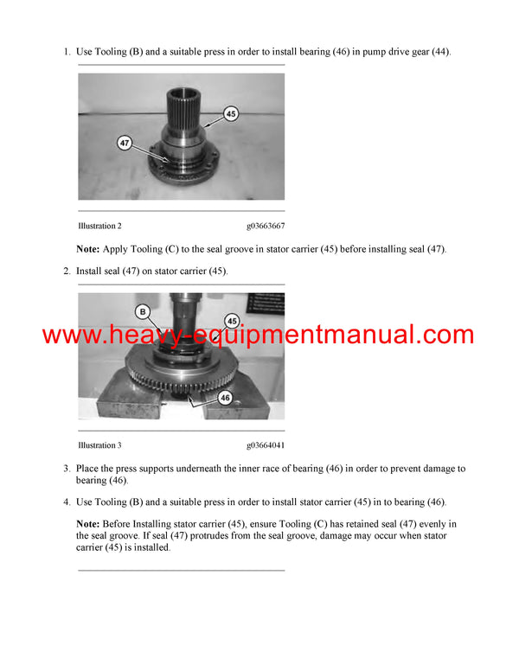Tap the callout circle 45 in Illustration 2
pos(230,113)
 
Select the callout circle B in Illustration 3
pos(142,310)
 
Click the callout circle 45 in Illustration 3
pos(232,321)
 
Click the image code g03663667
pos(266,226)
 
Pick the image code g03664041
pos(266,445)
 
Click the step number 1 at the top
pos(67,53)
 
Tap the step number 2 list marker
pos(67,272)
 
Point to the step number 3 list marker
pos(67,469)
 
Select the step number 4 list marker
pos(67,502)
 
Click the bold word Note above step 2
pos(88,249)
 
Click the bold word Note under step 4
pos(88,524)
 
